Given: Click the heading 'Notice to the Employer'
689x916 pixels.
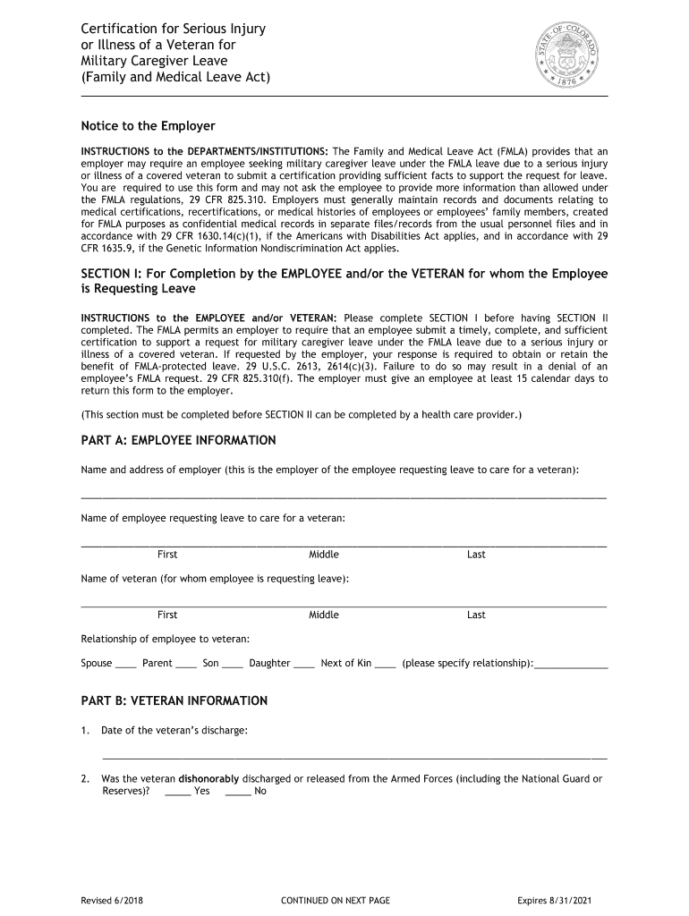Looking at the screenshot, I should pyautogui.click(x=148, y=126).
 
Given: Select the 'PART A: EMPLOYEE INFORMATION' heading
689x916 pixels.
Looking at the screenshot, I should pyautogui.click(x=178, y=440).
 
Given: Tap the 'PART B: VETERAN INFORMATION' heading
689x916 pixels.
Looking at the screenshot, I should pyautogui.click(x=174, y=700).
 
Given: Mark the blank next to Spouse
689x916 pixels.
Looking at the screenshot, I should pyautogui.click(x=126, y=665).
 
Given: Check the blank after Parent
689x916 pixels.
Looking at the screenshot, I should pyautogui.click(x=186, y=665).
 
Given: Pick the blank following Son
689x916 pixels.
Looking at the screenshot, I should pyautogui.click(x=233, y=665).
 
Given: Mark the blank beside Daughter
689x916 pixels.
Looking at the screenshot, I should pyautogui.click(x=304, y=665).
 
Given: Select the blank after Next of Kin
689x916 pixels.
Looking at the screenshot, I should pyautogui.click(x=386, y=665).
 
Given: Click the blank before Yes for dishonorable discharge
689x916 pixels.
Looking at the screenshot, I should pyautogui.click(x=178, y=792).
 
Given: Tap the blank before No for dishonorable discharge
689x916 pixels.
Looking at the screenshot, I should pyautogui.click(x=238, y=792).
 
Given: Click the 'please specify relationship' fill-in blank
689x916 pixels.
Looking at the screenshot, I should pyautogui.click(x=570, y=666).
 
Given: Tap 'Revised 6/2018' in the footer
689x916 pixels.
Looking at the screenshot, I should pyautogui.click(x=111, y=900).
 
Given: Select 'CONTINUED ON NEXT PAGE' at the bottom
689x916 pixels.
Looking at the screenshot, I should pyautogui.click(x=336, y=900).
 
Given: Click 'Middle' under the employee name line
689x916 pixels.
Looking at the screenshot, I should pyautogui.click(x=324, y=555).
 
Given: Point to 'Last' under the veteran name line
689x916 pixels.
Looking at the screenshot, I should pyautogui.click(x=476, y=615).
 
